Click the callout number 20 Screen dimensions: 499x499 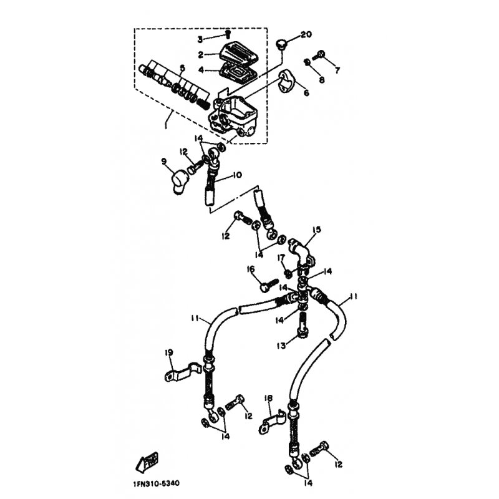306,34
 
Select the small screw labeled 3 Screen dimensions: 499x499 228,34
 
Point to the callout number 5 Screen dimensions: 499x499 182,68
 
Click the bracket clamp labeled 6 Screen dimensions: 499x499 287,82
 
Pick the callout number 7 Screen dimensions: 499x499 337,70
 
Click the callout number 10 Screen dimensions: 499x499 238,175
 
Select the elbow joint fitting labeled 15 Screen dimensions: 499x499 302,254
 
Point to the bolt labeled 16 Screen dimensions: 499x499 269,284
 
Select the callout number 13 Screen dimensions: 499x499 281,346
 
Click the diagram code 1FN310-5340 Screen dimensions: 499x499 157,483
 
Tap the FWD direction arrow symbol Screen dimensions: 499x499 147,462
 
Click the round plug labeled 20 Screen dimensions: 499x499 281,44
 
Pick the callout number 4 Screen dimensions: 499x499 201,70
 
